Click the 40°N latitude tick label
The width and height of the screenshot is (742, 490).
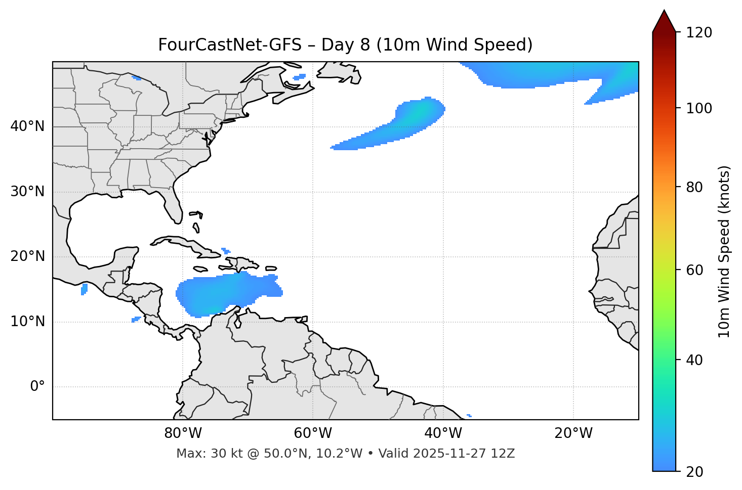pyautogui.click(x=27, y=126)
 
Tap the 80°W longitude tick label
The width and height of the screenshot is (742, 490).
pyautogui.click(x=183, y=433)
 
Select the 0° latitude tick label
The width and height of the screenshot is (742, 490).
pyautogui.click(x=37, y=387)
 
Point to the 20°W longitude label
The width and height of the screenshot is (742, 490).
pyautogui.click(x=573, y=433)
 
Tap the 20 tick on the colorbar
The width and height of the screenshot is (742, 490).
pyautogui.click(x=695, y=472)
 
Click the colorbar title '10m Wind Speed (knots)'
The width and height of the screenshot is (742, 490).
pyautogui.click(x=724, y=251)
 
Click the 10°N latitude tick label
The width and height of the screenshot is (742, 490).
pyautogui.click(x=27, y=322)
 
